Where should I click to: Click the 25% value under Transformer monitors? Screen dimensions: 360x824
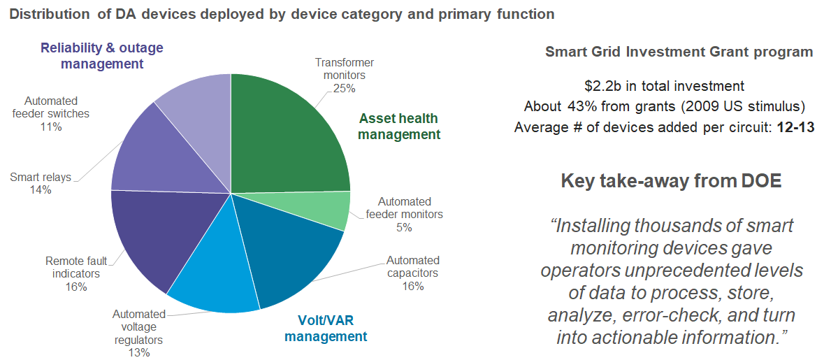(x=345, y=88)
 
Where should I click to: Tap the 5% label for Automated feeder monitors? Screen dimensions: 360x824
(x=404, y=227)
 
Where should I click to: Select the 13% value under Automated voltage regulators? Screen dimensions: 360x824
(x=139, y=352)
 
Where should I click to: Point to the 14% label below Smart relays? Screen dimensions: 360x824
(x=41, y=189)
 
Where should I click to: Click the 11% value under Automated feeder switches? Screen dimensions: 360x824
(x=51, y=127)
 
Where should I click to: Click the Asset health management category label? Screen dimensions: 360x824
(x=399, y=127)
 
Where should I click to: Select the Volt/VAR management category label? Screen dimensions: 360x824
(x=326, y=329)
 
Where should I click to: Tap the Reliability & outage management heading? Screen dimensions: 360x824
(x=102, y=56)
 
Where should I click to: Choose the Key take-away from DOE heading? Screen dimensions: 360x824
(x=671, y=181)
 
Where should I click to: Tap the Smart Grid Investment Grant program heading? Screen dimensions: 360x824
(x=679, y=52)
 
